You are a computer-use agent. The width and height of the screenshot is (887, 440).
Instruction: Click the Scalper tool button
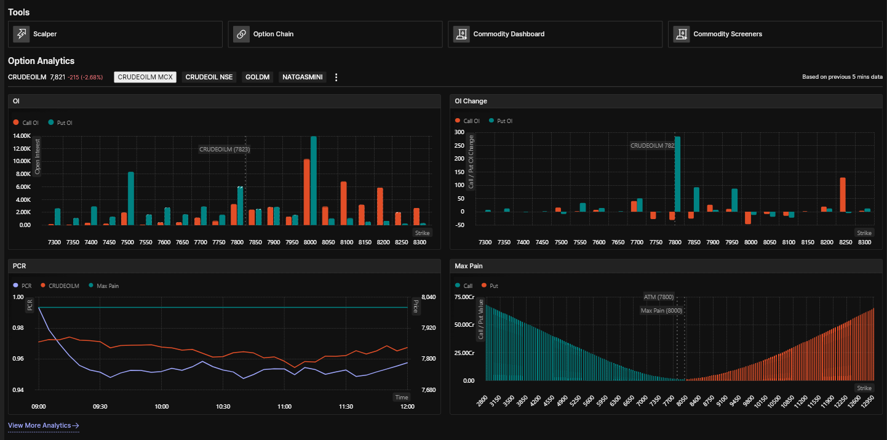pyautogui.click(x=115, y=34)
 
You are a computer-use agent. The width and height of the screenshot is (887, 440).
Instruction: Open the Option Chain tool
pyautogui.click(x=335, y=34)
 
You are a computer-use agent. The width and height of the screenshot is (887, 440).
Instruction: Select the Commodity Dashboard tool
pyautogui.click(x=555, y=34)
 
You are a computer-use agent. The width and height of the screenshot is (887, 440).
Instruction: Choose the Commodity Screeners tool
pyautogui.click(x=775, y=34)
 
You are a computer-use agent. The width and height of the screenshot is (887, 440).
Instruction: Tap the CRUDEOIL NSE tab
pyautogui.click(x=209, y=77)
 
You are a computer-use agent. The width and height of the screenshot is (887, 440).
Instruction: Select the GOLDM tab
pyautogui.click(x=257, y=77)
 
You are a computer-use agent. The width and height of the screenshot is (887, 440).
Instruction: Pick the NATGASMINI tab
pyautogui.click(x=303, y=77)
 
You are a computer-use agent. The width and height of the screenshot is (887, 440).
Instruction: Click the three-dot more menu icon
pyautogui.click(x=336, y=77)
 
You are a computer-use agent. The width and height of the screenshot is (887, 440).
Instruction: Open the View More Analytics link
pyautogui.click(x=44, y=425)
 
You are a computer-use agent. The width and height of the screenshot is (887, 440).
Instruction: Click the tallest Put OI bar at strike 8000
pyautogui.click(x=314, y=180)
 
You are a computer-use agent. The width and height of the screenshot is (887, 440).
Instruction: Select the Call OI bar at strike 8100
pyautogui.click(x=344, y=204)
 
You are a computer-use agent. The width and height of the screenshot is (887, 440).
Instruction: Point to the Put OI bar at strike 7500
pyautogui.click(x=131, y=199)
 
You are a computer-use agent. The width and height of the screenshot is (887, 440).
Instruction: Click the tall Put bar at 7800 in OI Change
pyautogui.click(x=677, y=174)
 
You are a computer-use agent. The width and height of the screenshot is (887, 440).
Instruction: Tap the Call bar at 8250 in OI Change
pyautogui.click(x=843, y=194)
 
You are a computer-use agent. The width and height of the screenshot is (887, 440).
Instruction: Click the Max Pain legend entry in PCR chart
pyautogui.click(x=104, y=286)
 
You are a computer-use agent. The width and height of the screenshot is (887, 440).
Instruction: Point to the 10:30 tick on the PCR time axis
pyautogui.click(x=223, y=407)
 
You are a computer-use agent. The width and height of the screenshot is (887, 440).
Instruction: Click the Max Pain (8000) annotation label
pyautogui.click(x=661, y=311)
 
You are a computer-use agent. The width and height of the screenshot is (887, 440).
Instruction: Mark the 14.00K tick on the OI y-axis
pyautogui.click(x=22, y=136)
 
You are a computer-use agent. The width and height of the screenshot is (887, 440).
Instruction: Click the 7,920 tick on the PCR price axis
pyautogui.click(x=429, y=328)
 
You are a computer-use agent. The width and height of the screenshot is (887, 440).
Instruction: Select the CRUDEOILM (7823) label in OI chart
pyautogui.click(x=225, y=150)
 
